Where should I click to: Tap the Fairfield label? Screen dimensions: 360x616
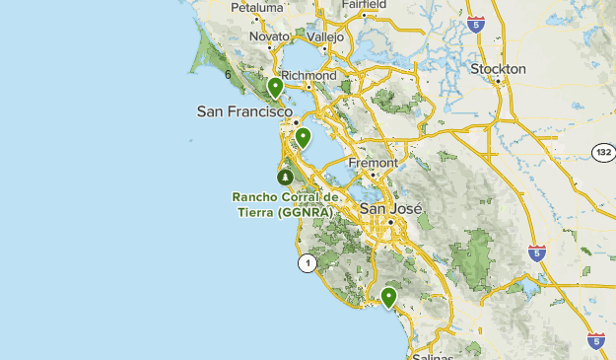(363, 4)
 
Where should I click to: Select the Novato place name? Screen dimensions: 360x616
(269, 36)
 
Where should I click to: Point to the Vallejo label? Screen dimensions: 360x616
(324, 36)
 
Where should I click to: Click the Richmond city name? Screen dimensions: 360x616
(308, 75)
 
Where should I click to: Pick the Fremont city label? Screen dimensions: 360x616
(373, 163)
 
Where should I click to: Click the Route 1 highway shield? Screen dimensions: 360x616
(308, 263)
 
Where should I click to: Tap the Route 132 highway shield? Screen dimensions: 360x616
(603, 152)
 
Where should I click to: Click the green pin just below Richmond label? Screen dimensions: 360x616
(275, 89)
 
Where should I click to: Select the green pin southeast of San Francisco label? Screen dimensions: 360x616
(304, 137)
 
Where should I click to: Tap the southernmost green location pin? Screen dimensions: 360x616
(389, 296)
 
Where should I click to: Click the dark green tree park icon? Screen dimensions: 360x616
(285, 178)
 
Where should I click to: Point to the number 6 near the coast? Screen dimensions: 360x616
(228, 74)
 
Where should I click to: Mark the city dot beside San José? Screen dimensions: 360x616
(390, 222)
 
